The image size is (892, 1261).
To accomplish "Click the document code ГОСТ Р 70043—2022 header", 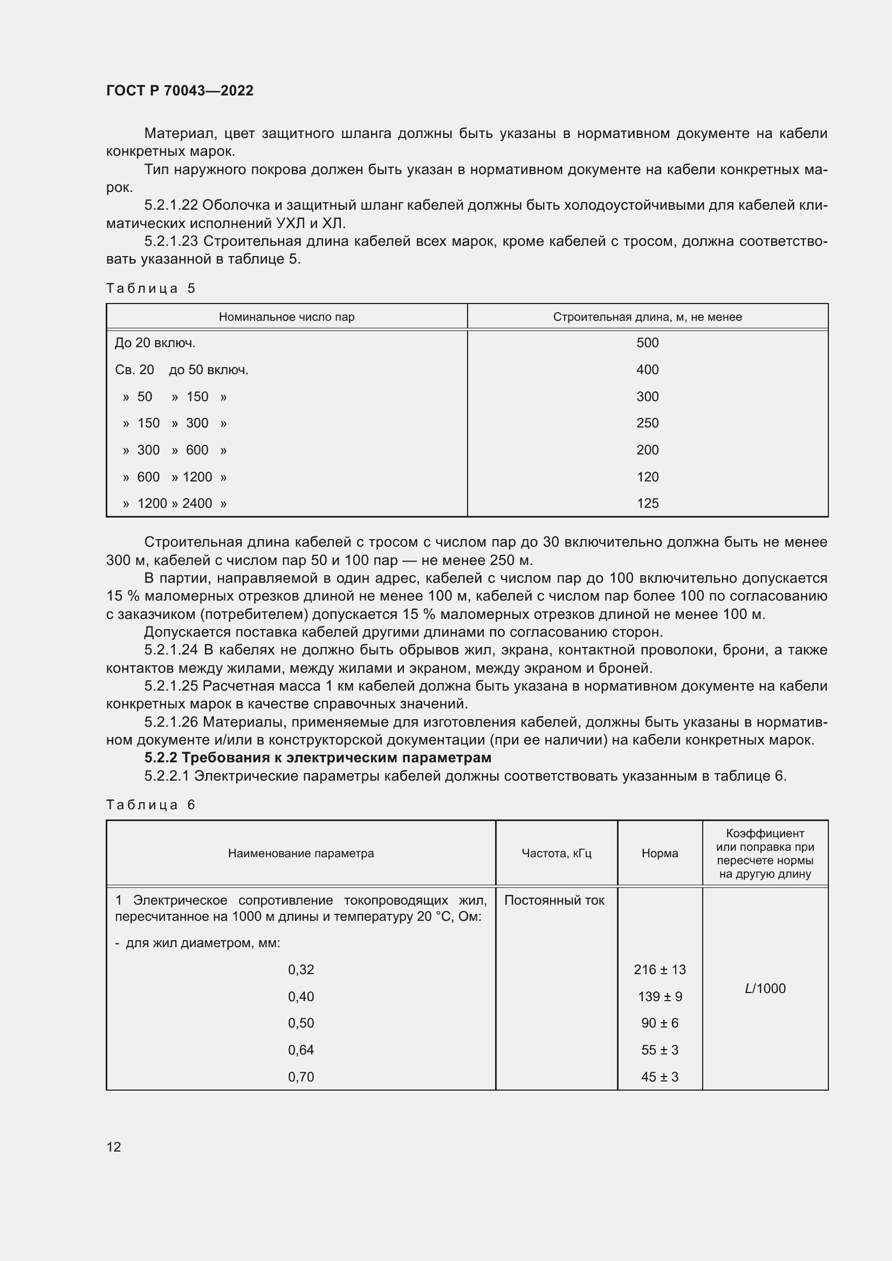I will [x=180, y=91].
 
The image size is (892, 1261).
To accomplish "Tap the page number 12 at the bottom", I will [x=114, y=1147].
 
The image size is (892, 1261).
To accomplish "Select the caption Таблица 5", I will [x=150, y=288].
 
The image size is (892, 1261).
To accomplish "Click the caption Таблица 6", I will [x=150, y=804].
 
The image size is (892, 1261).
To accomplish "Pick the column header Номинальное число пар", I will [x=287, y=317].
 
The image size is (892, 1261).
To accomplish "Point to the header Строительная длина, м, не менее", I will [x=647, y=317].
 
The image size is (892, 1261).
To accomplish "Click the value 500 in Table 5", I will [x=647, y=343].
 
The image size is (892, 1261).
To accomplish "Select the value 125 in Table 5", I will [x=647, y=503].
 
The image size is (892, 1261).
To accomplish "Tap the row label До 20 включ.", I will [x=155, y=343].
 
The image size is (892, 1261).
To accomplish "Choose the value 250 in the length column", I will [x=647, y=423].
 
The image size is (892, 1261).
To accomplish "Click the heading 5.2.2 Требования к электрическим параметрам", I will [x=318, y=758].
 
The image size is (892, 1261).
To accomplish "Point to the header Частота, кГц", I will [x=556, y=853].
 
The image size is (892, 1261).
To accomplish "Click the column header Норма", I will [x=659, y=853].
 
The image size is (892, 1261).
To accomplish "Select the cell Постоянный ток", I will [x=554, y=900].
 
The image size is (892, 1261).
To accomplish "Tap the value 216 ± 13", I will [x=659, y=969].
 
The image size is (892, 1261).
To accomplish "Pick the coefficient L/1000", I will [x=765, y=988].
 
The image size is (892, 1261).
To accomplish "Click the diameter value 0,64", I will [x=301, y=1050].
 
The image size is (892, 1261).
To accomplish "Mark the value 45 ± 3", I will [x=659, y=1077].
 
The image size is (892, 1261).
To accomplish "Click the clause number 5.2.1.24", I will [x=170, y=650].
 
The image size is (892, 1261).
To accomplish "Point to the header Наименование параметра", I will [x=300, y=853].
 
